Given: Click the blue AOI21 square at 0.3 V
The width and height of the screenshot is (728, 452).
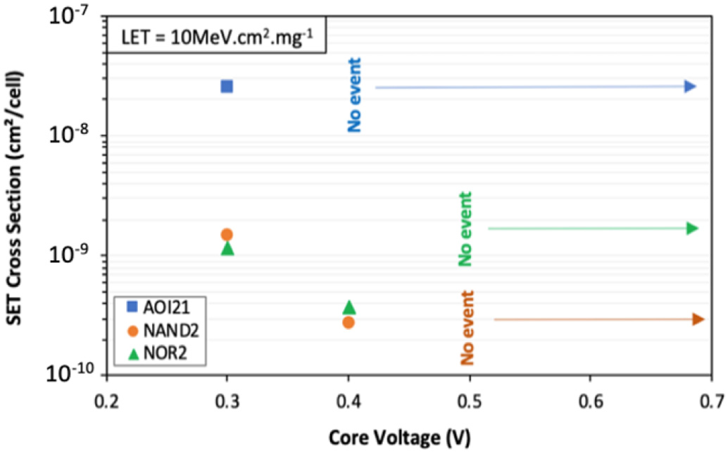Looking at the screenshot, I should [227, 86].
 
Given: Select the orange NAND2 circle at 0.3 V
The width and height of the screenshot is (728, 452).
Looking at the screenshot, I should [227, 235].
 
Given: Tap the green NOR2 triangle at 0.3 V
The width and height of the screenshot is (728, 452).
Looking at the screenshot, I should [227, 248].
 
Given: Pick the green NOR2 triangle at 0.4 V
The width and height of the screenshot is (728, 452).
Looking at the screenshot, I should [349, 307].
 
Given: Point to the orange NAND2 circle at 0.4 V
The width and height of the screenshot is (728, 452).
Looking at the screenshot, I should [348, 322].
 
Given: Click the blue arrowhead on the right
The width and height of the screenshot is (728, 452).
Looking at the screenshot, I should [690, 86].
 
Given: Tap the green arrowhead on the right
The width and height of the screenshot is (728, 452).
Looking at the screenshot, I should [692, 228].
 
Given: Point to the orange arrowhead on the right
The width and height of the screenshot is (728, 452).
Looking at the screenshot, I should [698, 319].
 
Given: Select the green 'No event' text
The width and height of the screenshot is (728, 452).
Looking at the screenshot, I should [465, 229].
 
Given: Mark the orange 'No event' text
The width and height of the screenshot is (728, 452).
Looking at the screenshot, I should [467, 328].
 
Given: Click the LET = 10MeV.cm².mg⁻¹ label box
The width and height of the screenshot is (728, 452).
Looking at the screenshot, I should [216, 36].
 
